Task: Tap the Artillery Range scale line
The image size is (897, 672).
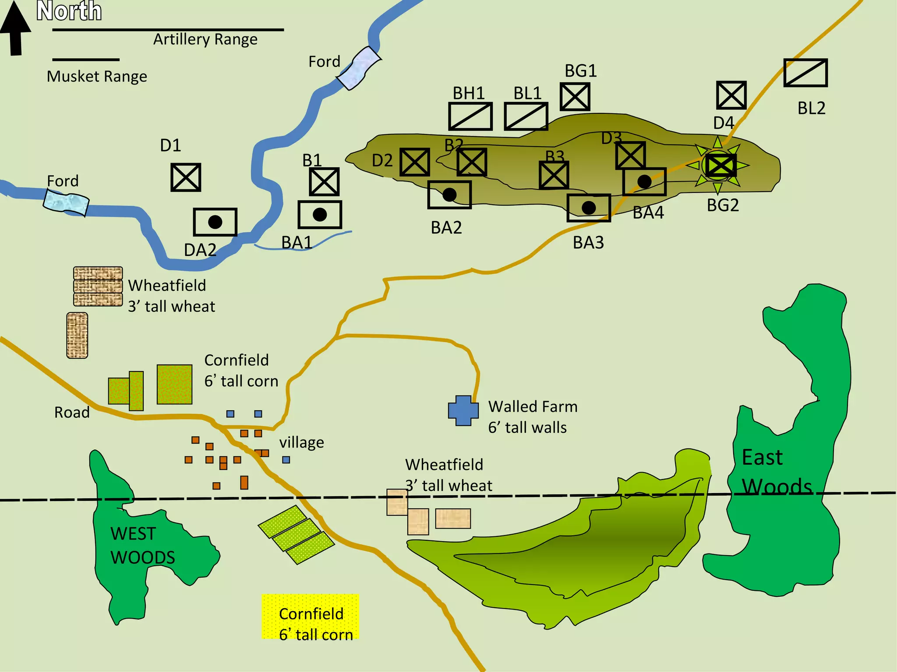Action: pos(168,30)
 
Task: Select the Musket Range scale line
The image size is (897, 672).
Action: pos(86,59)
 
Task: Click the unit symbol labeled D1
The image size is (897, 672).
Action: pos(186,178)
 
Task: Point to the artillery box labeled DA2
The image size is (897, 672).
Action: pos(215,222)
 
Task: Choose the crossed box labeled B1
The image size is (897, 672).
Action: pos(324,182)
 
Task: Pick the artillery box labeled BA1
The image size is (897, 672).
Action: pos(320,215)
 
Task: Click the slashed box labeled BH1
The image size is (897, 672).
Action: pos(470,116)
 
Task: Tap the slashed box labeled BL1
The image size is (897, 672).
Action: pos(526,116)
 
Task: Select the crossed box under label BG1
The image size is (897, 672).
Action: pos(575,97)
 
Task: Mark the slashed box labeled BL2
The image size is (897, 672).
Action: pos(805,73)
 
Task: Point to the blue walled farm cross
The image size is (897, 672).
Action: pos(463,410)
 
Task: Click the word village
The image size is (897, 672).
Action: pos(302,442)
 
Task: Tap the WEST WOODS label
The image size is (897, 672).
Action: pos(142,545)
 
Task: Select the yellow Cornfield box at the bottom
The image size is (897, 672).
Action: pos(311,616)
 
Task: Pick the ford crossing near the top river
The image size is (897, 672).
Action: pos(359,68)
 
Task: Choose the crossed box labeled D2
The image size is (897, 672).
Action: pos(414,162)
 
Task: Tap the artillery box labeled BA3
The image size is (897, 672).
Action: pos(589,208)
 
